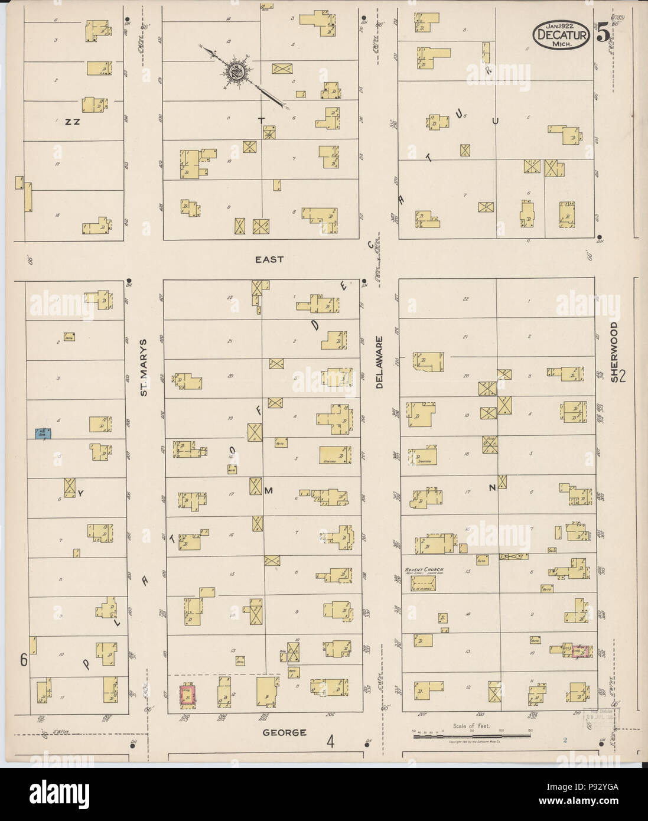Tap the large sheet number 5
pos(603,34)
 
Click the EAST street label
pos(269,259)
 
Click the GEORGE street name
pos(285,732)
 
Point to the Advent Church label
pos(424,569)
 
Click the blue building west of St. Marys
pos(43,434)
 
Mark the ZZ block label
pos(73,122)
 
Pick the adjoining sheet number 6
pos(25,660)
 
